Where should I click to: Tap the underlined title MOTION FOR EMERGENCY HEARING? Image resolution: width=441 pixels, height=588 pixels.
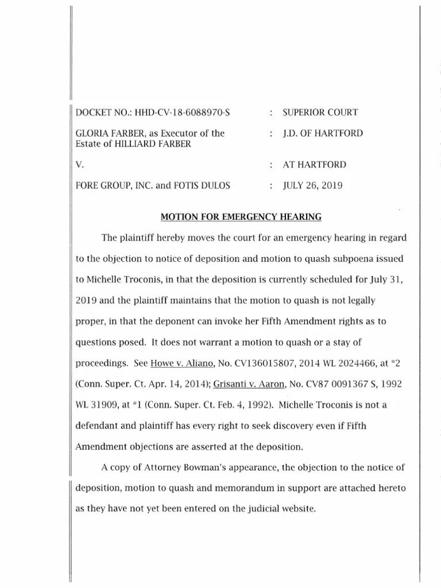241,216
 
